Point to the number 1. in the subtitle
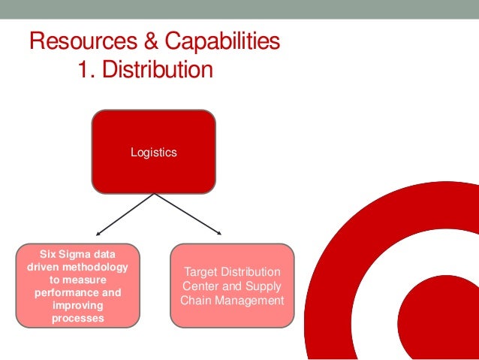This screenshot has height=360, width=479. (86, 70)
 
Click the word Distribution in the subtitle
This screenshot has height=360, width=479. (158, 70)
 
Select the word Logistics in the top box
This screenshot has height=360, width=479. (154, 153)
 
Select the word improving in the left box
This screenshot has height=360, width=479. (77, 306)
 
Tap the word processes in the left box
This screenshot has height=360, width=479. (77, 319)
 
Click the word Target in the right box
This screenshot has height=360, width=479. (200, 271)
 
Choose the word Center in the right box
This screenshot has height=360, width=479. (199, 286)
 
